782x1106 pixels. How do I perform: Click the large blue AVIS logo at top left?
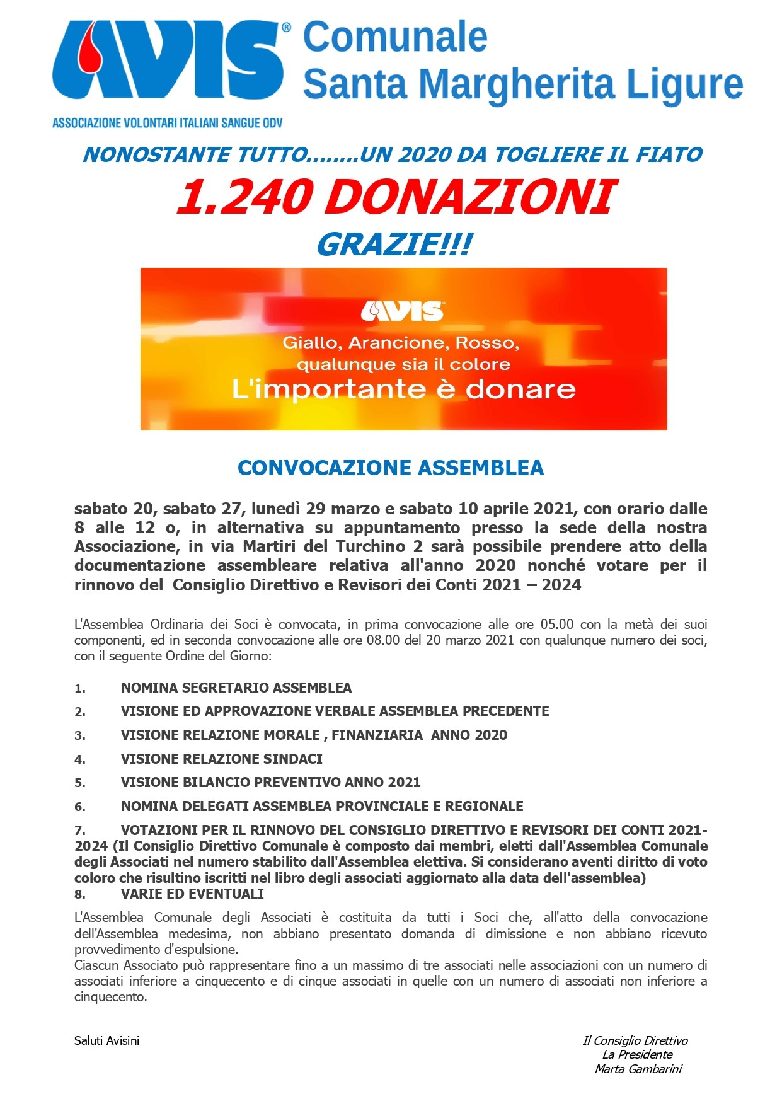(169, 61)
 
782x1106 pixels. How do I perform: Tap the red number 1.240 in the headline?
(243, 197)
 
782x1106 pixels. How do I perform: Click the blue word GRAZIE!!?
(393, 245)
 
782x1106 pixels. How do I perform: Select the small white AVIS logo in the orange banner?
(403, 311)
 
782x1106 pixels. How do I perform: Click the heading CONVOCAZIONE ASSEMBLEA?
(391, 468)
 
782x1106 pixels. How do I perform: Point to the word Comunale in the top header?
(395, 37)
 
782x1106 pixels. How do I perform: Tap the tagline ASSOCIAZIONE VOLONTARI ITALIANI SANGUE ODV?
(167, 123)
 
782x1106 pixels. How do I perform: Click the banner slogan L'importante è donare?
(403, 389)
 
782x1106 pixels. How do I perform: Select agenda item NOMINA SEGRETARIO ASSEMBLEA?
(236, 688)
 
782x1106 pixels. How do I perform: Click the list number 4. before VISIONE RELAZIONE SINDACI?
(80, 759)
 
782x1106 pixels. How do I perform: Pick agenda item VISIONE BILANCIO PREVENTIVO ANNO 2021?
(270, 782)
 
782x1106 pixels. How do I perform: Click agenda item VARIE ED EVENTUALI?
(192, 894)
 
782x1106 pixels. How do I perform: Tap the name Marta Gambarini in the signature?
(638, 1069)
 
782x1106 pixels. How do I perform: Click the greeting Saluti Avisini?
(106, 1040)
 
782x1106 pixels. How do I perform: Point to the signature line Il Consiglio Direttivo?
(635, 1040)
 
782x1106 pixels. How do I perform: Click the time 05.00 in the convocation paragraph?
(557, 625)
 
